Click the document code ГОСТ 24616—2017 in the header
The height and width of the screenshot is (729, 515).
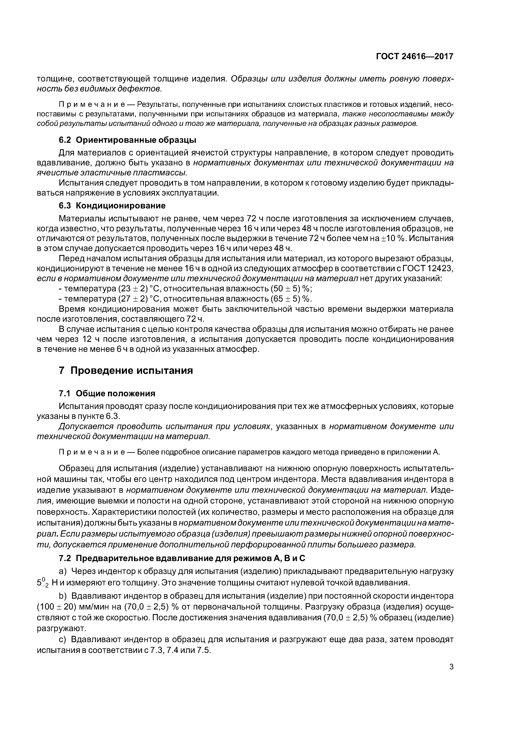pos(414,57)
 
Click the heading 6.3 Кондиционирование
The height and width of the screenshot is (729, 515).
pos(112,206)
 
